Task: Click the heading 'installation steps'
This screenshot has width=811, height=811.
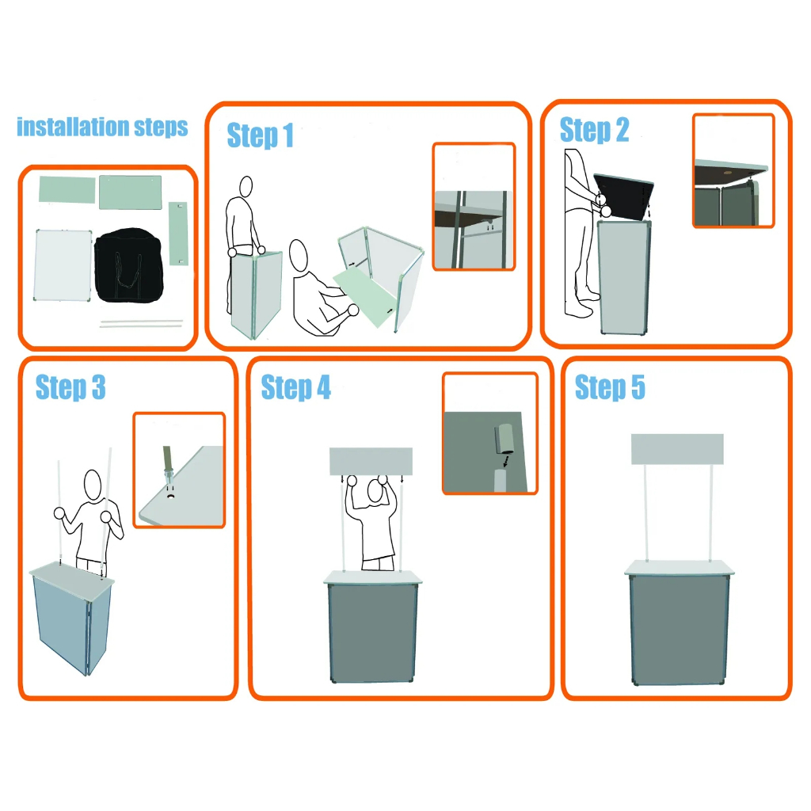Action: [x=102, y=128]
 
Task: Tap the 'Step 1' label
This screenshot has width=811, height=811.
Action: [x=260, y=135]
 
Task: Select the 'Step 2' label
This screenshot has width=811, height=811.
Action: [x=594, y=130]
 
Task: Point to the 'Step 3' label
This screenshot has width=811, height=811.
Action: [x=70, y=386]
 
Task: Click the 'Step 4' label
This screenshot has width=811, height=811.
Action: [x=296, y=386]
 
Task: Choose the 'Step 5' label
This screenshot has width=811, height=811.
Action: [x=610, y=386]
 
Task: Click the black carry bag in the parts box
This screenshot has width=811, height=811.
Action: [x=129, y=265]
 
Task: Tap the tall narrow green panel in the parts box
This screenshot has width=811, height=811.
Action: [x=178, y=234]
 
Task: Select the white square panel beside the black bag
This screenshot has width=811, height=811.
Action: [x=63, y=265]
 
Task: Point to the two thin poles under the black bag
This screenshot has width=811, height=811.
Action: [x=141, y=324]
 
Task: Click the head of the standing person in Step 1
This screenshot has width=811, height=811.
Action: [x=246, y=186]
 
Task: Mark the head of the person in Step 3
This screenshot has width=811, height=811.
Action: [x=93, y=485]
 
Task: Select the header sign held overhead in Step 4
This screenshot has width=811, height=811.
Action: [x=371, y=462]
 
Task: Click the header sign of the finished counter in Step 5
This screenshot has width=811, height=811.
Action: [x=677, y=450]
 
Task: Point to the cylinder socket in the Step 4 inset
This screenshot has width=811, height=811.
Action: [x=503, y=439]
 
